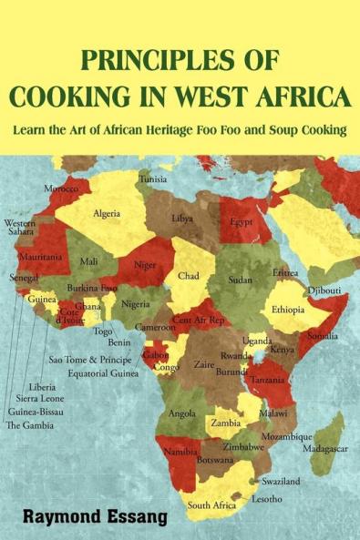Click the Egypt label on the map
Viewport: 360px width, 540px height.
pyautogui.click(x=241, y=222)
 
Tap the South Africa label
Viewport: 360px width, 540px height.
pyautogui.click(x=212, y=504)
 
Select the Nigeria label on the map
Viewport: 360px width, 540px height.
pyautogui.click(x=136, y=304)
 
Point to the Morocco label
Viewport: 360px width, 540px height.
pyautogui.click(x=62, y=188)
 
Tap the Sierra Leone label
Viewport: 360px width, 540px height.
pyautogui.click(x=39, y=398)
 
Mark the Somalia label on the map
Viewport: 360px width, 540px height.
pyautogui.click(x=323, y=336)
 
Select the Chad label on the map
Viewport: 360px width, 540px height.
pyautogui.click(x=189, y=275)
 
